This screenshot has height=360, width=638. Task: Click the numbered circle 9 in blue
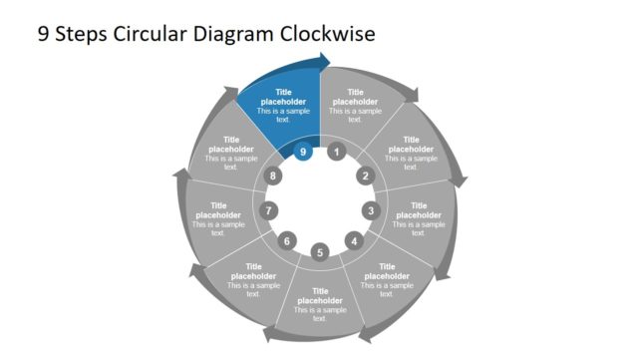click(303, 152)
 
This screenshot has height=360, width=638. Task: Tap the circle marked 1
click(337, 152)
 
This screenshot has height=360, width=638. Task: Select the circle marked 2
click(364, 177)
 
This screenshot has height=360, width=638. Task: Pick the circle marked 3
click(371, 210)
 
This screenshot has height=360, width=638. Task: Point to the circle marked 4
click(353, 240)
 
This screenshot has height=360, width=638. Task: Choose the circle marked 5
click(320, 252)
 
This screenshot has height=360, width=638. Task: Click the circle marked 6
click(287, 240)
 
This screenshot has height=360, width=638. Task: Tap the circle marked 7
click(268, 210)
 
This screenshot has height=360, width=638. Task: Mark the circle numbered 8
click(275, 177)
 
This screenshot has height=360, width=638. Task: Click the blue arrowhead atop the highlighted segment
click(323, 64)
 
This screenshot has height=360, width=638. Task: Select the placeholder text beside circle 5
click(320, 302)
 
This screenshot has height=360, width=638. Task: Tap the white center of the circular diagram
click(320, 200)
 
